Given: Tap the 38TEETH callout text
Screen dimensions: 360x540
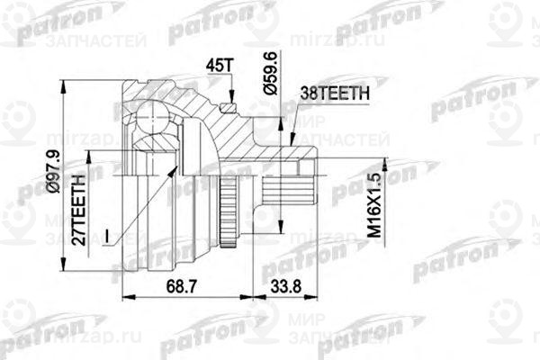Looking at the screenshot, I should click(336, 92).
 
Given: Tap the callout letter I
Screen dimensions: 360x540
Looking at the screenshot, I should click(107, 236).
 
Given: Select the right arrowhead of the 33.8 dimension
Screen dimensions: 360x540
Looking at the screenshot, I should click(313, 296).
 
